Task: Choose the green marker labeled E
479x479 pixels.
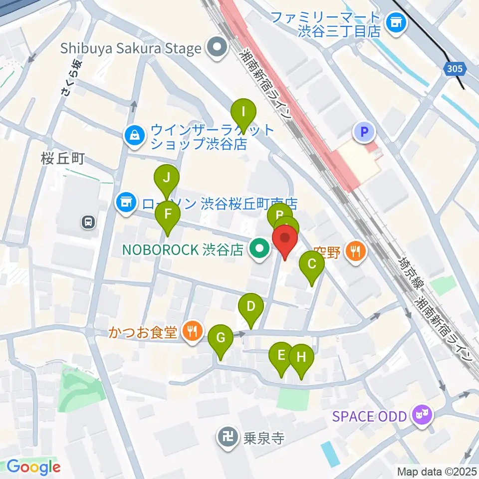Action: tap(281, 357)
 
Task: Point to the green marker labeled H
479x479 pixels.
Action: tap(301, 358)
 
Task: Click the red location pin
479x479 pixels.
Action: tap(285, 239)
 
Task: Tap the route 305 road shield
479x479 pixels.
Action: tap(455, 69)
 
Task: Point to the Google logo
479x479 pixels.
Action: tap(33, 467)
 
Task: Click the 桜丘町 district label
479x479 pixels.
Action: tap(63, 159)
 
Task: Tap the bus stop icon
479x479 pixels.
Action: tap(88, 222)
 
